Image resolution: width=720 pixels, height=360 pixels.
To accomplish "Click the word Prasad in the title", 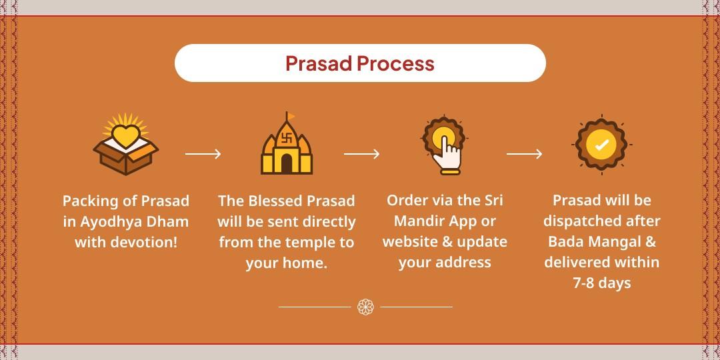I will (x=319, y=63).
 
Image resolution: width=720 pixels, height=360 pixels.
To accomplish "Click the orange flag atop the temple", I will (x=291, y=117).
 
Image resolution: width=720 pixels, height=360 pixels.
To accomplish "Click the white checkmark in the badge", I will (x=601, y=145).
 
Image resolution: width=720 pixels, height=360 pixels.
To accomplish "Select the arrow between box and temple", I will (x=203, y=154).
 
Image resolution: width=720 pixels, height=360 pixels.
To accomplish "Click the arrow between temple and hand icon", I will (x=361, y=154).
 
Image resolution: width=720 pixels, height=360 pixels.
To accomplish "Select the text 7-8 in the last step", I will (x=585, y=283).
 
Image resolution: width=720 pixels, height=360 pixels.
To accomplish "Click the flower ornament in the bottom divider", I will (x=365, y=307).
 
